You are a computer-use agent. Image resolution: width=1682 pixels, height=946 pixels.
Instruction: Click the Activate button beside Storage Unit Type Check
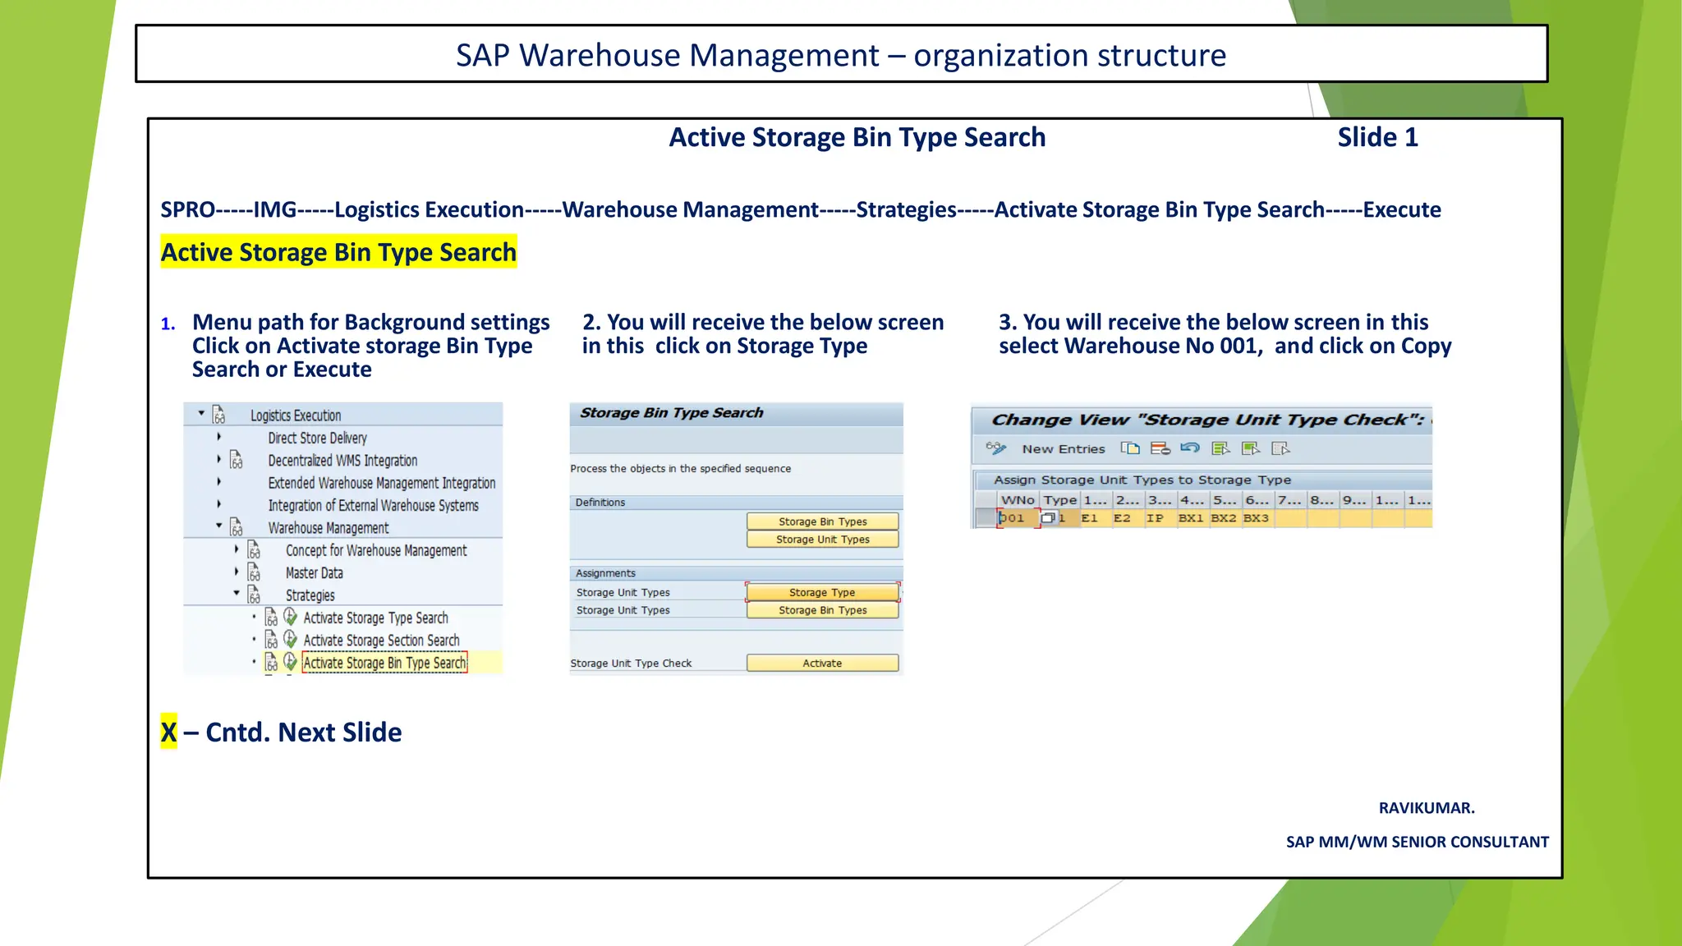pyautogui.click(x=822, y=664)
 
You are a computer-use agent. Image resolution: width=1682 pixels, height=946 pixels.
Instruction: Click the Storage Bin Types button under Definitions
pyautogui.click(x=822, y=521)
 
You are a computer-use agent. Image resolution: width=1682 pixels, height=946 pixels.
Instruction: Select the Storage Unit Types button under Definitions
pyautogui.click(x=822, y=540)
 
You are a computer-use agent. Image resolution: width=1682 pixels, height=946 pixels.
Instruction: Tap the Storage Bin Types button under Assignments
pyautogui.click(x=822, y=610)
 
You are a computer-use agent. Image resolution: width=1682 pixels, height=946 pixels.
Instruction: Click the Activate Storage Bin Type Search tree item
pyautogui.click(x=384, y=663)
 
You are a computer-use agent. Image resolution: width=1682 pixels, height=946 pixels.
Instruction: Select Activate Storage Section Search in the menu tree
pyautogui.click(x=381, y=641)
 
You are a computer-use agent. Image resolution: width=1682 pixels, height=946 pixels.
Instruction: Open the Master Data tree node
pyautogui.click(x=314, y=573)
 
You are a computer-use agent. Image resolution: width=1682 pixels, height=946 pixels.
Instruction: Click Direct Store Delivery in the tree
pyautogui.click(x=317, y=439)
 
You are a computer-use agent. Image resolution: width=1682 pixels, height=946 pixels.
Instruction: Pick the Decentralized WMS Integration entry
pyautogui.click(x=342, y=461)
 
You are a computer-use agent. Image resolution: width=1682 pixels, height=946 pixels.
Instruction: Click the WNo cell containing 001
pyautogui.click(x=1015, y=518)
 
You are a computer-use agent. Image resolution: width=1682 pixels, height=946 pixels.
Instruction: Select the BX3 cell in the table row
pyautogui.click(x=1256, y=518)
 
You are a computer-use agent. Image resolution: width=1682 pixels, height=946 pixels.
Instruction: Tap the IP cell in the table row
pyautogui.click(x=1155, y=518)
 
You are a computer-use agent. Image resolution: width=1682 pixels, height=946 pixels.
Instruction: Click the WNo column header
pyautogui.click(x=1018, y=500)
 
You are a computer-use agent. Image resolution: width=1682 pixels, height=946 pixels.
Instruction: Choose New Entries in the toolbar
pyautogui.click(x=1063, y=449)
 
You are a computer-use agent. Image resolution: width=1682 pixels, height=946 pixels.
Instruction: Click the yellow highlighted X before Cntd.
pyautogui.click(x=168, y=732)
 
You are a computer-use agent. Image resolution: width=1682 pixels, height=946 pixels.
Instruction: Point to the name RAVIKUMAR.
pyautogui.click(x=1427, y=808)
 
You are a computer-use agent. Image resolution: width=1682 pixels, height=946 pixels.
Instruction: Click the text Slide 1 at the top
pyautogui.click(x=1377, y=137)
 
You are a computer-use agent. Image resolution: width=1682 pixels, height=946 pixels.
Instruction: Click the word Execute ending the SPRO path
pyautogui.click(x=1402, y=210)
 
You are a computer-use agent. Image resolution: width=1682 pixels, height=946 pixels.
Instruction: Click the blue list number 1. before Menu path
pyautogui.click(x=168, y=324)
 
